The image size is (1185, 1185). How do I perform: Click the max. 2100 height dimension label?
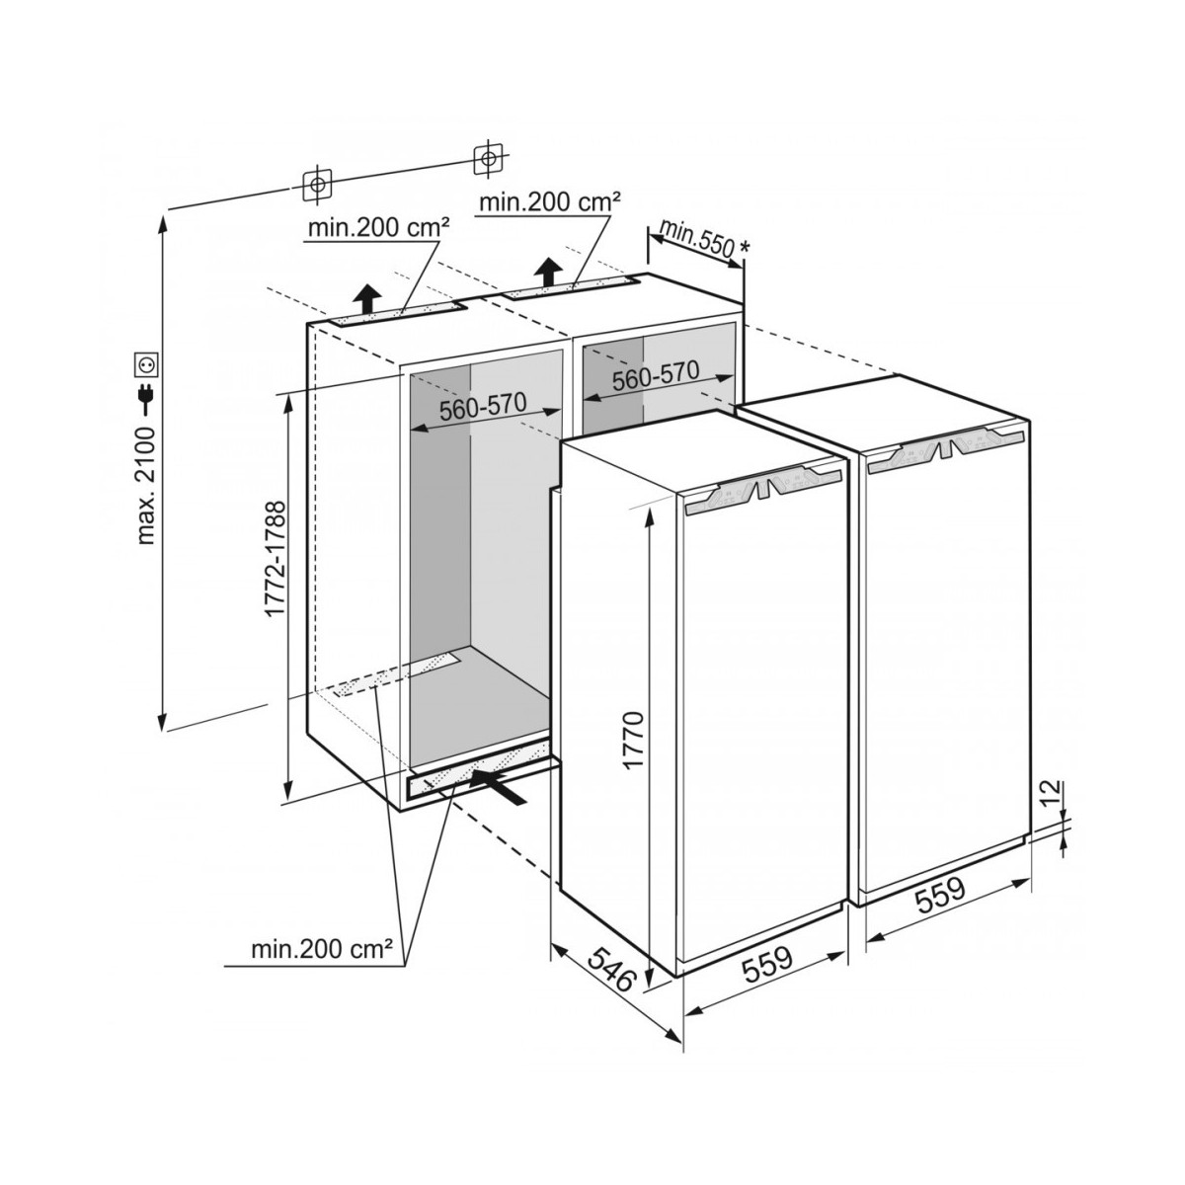(147, 483)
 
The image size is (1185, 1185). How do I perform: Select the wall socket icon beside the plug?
(147, 364)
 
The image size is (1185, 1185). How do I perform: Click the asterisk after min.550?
(746, 247)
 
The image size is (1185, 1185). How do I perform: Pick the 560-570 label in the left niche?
(483, 407)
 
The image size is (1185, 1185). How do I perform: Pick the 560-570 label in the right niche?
(656, 375)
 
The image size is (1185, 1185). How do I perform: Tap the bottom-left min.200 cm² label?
(322, 949)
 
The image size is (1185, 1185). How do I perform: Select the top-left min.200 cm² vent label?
(379, 228)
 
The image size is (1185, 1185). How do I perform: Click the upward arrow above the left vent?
(367, 300)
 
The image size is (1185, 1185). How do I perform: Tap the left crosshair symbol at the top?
(317, 184)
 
